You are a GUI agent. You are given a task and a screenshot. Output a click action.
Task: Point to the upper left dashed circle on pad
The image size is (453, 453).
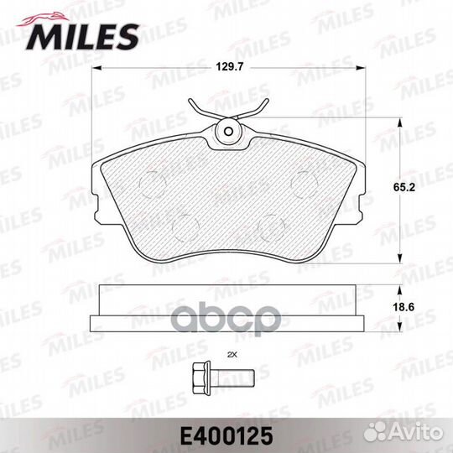point(152,182)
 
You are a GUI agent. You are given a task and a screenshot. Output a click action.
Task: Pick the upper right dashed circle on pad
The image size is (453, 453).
point(303,181)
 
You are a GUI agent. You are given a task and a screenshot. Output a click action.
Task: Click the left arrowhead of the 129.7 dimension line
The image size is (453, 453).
point(95,70)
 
